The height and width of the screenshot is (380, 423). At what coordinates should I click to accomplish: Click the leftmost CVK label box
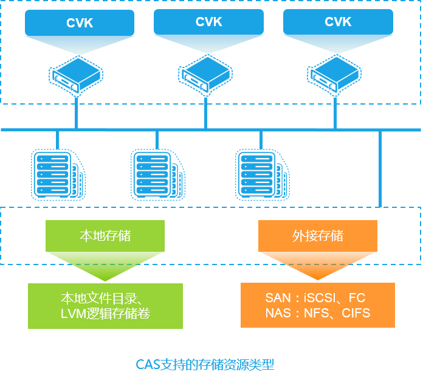(80, 23)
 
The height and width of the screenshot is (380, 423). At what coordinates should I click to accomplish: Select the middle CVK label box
(208, 22)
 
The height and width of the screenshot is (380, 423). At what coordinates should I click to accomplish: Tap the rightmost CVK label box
(338, 22)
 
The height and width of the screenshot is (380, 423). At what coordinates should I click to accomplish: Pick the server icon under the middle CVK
(205, 75)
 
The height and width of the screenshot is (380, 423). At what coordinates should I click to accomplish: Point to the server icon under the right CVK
(335, 75)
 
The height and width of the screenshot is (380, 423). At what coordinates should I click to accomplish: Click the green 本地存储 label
(105, 236)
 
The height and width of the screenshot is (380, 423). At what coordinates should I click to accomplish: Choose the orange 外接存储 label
(318, 236)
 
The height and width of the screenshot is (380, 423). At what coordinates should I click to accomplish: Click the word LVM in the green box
(74, 314)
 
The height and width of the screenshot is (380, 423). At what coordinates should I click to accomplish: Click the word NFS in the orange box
(317, 314)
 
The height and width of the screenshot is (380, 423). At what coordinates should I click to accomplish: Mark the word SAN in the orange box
(278, 299)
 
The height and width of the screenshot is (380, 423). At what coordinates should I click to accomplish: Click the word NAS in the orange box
(278, 314)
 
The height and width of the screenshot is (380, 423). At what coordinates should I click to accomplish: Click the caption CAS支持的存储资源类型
(205, 365)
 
